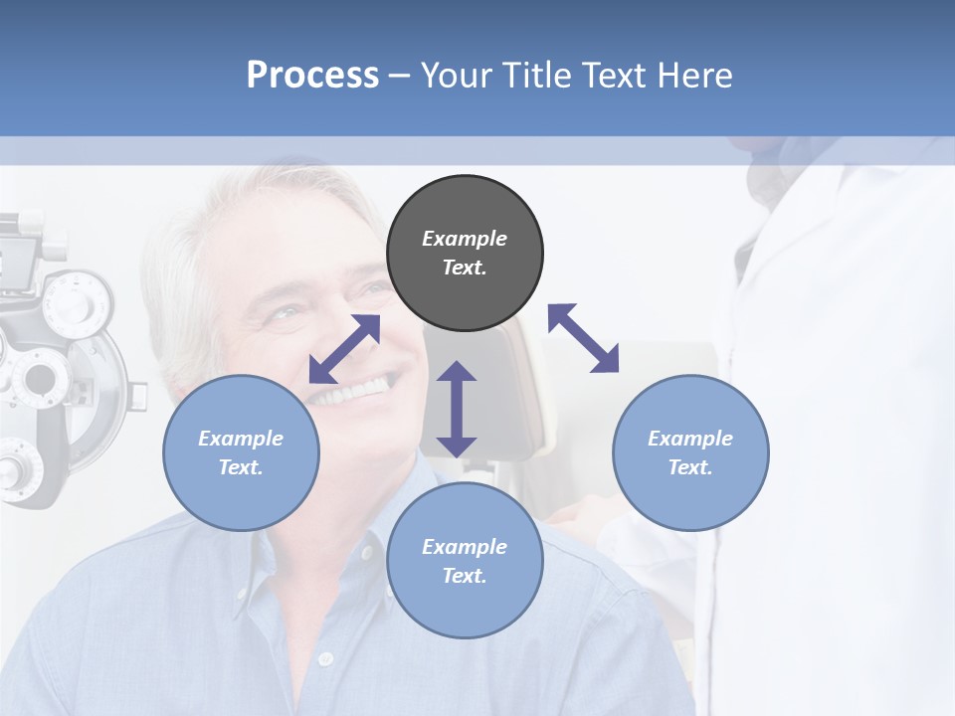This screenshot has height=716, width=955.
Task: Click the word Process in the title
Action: click(312, 76)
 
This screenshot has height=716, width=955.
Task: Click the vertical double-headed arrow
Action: click(457, 409)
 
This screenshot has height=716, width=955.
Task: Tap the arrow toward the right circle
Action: click(583, 338)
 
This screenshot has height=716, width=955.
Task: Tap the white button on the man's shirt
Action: click(324, 658)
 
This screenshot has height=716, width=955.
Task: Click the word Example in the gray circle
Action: click(465, 239)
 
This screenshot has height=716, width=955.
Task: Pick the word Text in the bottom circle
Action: click(465, 576)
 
